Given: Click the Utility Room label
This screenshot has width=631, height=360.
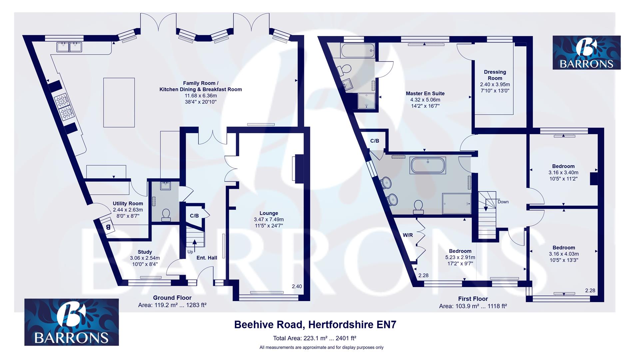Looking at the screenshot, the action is (128, 203).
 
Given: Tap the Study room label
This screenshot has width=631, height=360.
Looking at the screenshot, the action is (145, 252).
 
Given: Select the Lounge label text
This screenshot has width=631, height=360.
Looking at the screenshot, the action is (269, 213).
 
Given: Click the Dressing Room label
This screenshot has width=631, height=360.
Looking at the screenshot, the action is (495, 75).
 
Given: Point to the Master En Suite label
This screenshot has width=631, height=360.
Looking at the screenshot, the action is (425, 94).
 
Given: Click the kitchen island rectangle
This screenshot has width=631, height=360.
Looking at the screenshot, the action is (119, 102).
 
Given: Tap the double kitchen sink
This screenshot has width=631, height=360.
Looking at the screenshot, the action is (69, 47).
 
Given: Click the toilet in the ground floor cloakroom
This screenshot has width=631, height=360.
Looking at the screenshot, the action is (166, 215).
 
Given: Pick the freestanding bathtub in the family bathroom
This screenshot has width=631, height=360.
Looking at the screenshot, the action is (428, 166).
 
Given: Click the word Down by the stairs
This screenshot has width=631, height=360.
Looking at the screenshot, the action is (503, 202).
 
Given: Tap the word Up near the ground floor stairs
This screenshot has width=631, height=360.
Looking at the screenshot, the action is (190, 252).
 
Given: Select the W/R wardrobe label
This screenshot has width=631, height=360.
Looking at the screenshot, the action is (407, 235).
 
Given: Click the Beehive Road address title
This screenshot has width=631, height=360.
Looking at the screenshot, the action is (315, 324).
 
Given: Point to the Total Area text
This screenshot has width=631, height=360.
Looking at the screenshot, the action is (315, 338).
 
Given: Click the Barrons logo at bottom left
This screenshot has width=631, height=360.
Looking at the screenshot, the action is (71, 322).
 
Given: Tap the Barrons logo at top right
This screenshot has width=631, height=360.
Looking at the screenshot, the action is (586, 53).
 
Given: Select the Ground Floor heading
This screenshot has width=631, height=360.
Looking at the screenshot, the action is (172, 298).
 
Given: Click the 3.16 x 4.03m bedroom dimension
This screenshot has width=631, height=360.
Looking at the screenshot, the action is (563, 254).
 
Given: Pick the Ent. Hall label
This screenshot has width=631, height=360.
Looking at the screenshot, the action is (207, 258).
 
